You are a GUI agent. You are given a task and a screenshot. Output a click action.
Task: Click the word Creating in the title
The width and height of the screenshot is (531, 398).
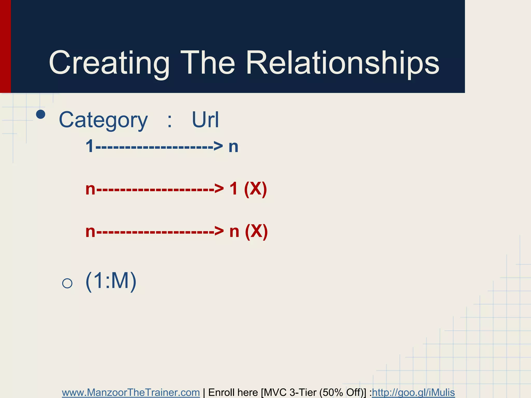point(109,63)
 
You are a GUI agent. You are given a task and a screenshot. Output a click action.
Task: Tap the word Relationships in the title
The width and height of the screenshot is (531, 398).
point(342,63)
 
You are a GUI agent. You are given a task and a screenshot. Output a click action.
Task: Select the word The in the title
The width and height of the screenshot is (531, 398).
point(207,63)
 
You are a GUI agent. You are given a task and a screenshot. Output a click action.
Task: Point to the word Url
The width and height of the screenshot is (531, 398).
point(205,120)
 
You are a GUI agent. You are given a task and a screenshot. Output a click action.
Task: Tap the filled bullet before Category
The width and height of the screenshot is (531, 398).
point(41,114)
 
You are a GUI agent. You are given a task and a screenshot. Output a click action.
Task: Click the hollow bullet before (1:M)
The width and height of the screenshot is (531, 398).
point(67,283)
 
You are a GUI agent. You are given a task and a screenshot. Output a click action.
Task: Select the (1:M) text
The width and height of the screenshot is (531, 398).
point(111,281)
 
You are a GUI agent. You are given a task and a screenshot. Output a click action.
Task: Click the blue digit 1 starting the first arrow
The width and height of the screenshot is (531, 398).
point(90,146)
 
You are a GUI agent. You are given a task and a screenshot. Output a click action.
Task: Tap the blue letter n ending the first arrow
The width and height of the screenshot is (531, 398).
point(233,147)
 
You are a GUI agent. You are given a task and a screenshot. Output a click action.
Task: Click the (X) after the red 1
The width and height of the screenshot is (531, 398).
point(255,189)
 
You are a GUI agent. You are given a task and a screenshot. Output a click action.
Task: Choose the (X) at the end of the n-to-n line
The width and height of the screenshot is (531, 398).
point(256,231)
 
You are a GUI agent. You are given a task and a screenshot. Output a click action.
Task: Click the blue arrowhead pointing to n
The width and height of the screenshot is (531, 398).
point(218,146)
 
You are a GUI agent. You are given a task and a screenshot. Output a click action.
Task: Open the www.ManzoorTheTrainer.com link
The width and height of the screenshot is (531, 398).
point(131,392)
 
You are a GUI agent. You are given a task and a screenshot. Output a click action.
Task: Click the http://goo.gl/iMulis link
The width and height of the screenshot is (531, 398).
point(413,392)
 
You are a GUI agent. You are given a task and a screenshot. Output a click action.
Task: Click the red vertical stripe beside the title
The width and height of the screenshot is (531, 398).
point(5,47)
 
